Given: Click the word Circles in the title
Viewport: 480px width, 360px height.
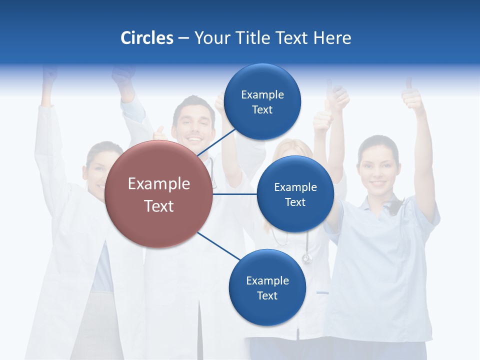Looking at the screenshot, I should [x=146, y=38].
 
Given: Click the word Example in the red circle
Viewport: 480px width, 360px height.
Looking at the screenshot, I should [x=159, y=183].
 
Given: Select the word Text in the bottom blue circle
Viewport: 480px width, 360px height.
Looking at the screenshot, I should [x=267, y=295].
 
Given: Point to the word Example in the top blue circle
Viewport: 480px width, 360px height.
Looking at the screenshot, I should [x=262, y=94].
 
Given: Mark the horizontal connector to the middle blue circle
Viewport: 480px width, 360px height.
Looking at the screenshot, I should [x=235, y=194].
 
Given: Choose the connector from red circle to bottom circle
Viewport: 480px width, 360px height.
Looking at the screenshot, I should [x=219, y=246].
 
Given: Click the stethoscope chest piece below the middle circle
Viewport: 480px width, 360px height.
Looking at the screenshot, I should [x=306, y=258].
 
